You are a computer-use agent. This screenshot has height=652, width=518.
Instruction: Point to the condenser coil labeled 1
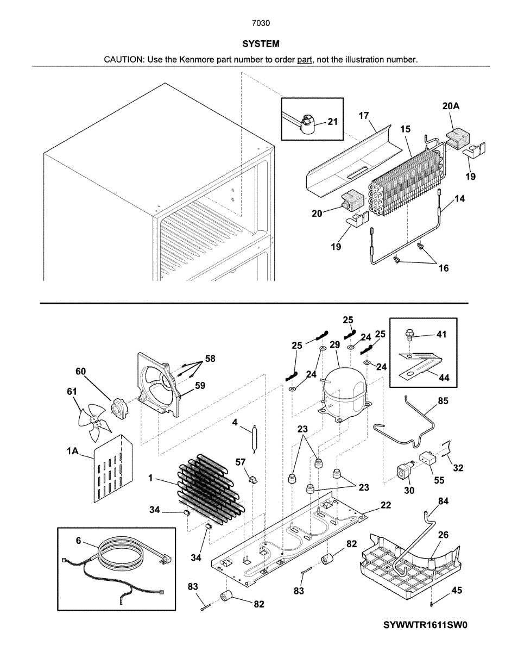pyautogui.click(x=209, y=489)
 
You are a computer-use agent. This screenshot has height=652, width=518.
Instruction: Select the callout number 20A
pyautogui.click(x=451, y=107)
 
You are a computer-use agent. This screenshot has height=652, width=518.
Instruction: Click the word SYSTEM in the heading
pyautogui.click(x=261, y=43)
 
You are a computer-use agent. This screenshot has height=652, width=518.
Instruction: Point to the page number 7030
pyautogui.click(x=261, y=23)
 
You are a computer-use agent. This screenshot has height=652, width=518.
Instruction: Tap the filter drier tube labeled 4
pyautogui.click(x=255, y=439)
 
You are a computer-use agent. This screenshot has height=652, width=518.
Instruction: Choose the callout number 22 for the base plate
pyautogui.click(x=386, y=505)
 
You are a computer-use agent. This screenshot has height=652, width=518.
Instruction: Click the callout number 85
pyautogui.click(x=443, y=402)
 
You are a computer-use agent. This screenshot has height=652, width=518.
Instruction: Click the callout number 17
pyautogui.click(x=364, y=116)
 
